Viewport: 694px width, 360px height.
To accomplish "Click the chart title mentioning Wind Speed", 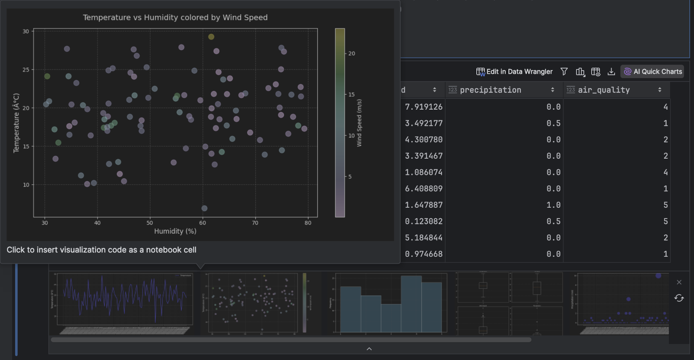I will pos(175,17).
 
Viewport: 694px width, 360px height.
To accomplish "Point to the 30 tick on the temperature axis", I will pos(26,31).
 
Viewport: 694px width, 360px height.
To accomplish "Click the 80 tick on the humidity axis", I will pos(308,223).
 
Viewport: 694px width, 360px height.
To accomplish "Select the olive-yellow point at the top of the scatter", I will pos(211,37).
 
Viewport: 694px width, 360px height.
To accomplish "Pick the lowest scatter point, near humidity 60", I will pos(204,209).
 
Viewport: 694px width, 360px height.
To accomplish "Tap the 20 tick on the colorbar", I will pos(351,54).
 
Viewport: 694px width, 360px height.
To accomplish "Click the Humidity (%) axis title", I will pos(175,231).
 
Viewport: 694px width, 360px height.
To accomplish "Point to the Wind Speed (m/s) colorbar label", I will pos(359,123).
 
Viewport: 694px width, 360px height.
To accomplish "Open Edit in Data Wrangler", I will pos(514,72).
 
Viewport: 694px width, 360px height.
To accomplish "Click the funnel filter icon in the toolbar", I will pos(564,72).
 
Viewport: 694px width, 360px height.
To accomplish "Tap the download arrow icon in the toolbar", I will pos(611,72).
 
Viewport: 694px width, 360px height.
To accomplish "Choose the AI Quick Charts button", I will pos(652,72).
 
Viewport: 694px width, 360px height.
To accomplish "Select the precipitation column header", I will pos(491,90).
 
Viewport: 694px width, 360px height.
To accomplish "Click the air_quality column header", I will pos(604,90).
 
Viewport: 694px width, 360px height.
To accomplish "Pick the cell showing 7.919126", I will pos(424,107).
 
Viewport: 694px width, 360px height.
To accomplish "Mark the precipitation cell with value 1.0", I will pos(553,205).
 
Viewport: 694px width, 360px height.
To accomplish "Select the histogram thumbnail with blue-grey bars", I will pos(390,303).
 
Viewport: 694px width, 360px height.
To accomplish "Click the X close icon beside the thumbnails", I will pos(679,282).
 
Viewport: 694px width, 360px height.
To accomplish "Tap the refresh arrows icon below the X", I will pos(679,298).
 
